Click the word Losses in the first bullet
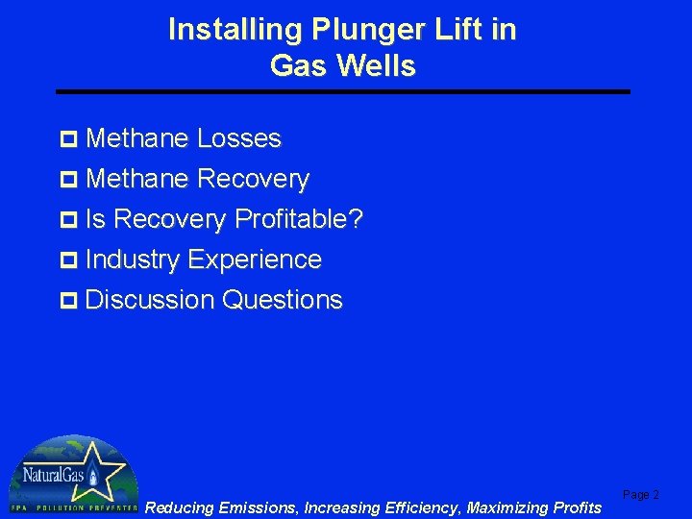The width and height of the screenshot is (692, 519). click(238, 138)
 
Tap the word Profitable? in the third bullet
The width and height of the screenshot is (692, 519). click(299, 220)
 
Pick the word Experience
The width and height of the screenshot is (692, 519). click(255, 259)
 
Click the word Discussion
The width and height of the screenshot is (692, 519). click(150, 300)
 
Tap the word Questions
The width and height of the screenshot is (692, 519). click(282, 300)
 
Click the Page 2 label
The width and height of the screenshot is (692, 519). click(641, 495)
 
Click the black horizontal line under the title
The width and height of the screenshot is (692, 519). click(343, 91)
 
